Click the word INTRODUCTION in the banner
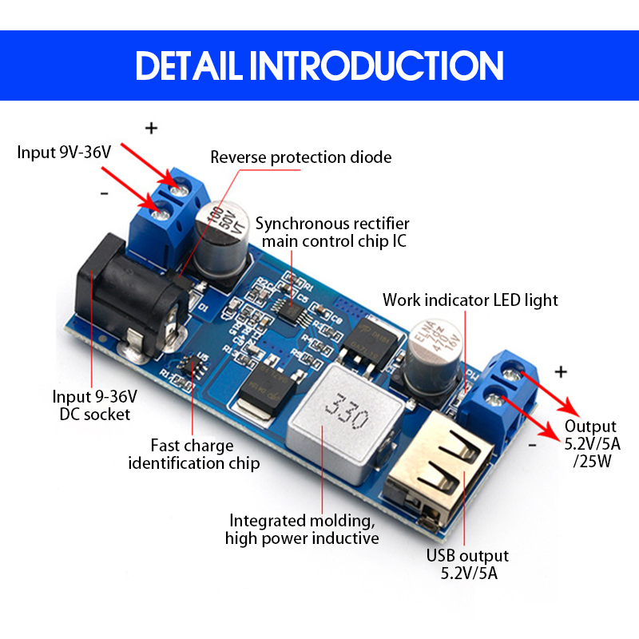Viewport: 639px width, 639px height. (x=377, y=65)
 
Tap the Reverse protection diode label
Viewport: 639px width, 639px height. (x=301, y=157)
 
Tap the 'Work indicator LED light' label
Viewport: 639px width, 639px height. (x=470, y=300)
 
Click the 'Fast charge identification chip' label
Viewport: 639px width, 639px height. (x=193, y=454)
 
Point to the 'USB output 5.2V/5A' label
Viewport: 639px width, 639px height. (x=467, y=564)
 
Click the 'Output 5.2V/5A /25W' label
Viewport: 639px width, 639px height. (x=590, y=444)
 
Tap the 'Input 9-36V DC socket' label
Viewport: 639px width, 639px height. (x=95, y=405)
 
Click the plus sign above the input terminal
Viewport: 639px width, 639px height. (x=152, y=128)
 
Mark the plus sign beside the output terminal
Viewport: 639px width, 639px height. (x=561, y=371)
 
